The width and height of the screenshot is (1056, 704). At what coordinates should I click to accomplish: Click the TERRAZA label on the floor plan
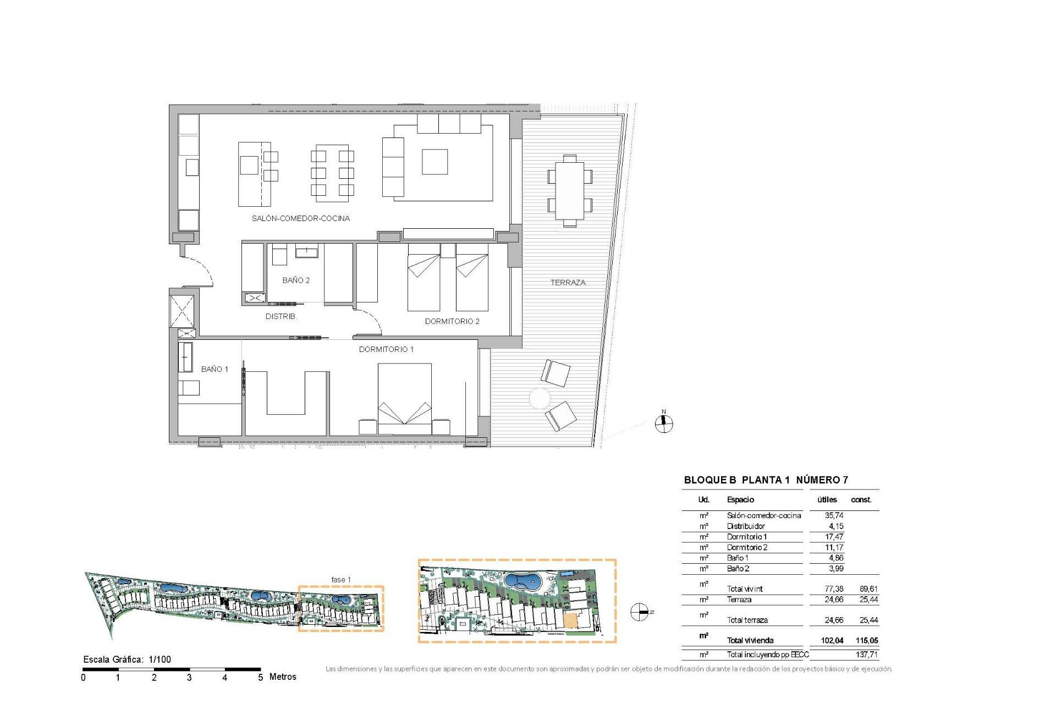tap(568, 283)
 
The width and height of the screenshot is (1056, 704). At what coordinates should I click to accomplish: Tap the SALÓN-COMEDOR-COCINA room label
tap(300, 218)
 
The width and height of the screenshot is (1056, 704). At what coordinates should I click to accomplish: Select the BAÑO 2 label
tap(295, 280)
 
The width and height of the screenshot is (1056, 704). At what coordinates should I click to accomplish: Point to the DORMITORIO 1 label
tap(386, 349)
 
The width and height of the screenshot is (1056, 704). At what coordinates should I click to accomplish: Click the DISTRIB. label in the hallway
tap(281, 317)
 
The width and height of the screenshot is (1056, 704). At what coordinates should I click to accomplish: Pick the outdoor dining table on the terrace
tap(570, 190)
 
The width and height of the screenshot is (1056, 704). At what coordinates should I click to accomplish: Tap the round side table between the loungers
tap(540, 398)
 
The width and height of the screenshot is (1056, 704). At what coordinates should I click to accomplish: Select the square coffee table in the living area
tap(435, 162)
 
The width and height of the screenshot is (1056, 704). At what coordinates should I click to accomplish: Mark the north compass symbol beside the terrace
tap(664, 422)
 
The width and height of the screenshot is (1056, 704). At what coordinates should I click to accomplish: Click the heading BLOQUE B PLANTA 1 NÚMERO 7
tap(766, 480)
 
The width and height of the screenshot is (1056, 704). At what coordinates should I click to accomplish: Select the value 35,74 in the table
tap(834, 515)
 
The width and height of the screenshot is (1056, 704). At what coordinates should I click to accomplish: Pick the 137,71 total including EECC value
tap(867, 654)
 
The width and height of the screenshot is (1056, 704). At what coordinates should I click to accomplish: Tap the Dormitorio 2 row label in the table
tap(747, 547)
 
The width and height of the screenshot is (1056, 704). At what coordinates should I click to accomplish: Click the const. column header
tap(861, 499)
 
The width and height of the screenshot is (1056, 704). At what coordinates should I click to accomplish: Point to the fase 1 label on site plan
tap(340, 580)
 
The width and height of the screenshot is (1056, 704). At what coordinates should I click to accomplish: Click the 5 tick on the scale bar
tap(260, 677)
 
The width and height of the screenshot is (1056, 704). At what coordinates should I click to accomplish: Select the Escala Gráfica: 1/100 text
tap(127, 659)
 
